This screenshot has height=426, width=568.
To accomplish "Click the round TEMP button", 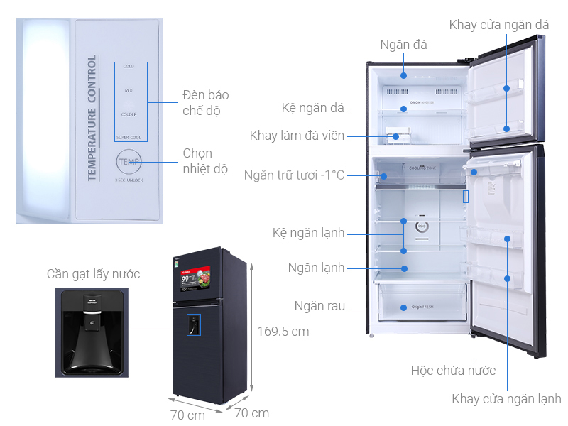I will pos(129,162).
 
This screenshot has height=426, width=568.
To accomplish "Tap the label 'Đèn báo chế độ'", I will pos(205,103).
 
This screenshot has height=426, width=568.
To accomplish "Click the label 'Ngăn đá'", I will pos(403,45).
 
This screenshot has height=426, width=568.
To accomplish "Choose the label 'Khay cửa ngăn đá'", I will pos(498,25).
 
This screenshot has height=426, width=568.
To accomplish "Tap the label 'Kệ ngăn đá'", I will pos(312,108).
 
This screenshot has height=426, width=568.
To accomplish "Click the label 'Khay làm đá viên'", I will pos(297,135).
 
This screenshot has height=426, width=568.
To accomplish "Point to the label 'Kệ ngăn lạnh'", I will pos(308,233).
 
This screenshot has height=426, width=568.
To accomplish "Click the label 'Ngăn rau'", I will pos(320,306).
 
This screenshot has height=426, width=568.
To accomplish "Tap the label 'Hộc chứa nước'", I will pos(453,371).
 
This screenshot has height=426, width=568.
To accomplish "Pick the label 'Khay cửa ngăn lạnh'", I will pos(506,399).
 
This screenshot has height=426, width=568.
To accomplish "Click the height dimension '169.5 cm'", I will pos(283,331).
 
